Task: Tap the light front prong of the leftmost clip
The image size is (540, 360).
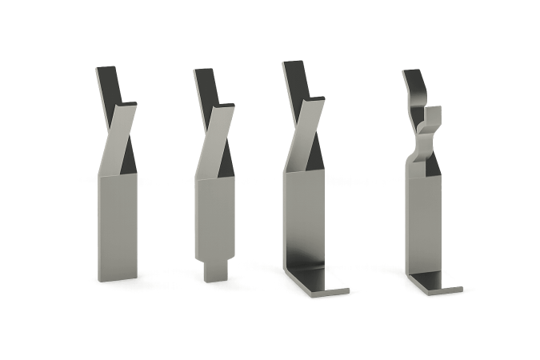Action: click(118, 136)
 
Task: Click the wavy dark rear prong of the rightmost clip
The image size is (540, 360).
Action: click(414, 84)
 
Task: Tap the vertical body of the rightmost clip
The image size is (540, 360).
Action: click(423, 224)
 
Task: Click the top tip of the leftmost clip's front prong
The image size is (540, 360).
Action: click(127, 105)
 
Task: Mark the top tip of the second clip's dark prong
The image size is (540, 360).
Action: click(203, 71)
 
